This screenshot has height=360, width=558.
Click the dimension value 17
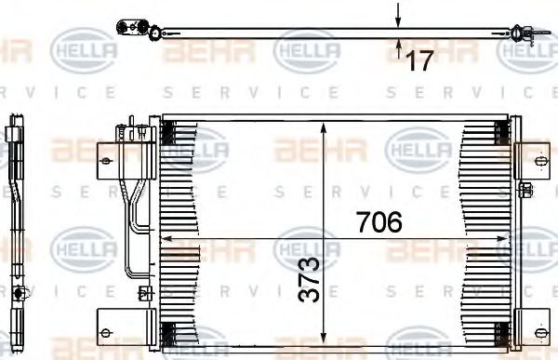(419, 60)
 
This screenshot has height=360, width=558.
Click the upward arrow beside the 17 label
(398, 46)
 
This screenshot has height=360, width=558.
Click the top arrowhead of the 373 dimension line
(322, 126)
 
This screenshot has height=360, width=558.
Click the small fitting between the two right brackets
(525, 191)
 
